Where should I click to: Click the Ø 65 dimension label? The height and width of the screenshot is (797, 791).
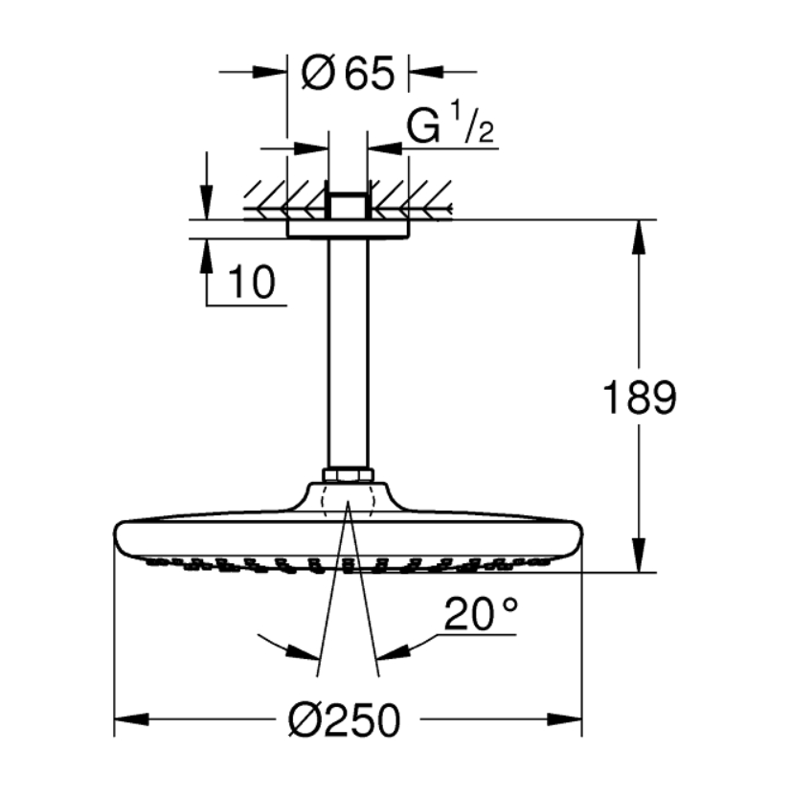pyautogui.click(x=348, y=73)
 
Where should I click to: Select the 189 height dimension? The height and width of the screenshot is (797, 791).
pyautogui.click(x=640, y=397)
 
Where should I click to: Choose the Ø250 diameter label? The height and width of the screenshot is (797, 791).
pyautogui.click(x=345, y=719)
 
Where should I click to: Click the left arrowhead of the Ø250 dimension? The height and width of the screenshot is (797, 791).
pyautogui.click(x=131, y=719)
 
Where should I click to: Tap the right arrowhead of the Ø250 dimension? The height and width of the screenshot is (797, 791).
pyautogui.click(x=564, y=719)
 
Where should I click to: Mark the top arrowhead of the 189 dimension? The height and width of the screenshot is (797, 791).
pyautogui.click(x=639, y=237)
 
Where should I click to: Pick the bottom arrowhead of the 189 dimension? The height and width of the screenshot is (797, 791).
pyautogui.click(x=639, y=555)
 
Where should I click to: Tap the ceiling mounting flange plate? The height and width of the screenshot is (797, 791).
pyautogui.click(x=348, y=229)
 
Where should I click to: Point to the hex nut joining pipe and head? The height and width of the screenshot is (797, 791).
pyautogui.click(x=348, y=475)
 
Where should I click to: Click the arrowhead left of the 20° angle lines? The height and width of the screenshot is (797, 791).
pyautogui.click(x=304, y=652)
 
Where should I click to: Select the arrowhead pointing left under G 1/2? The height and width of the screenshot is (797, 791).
pyautogui.click(x=385, y=148)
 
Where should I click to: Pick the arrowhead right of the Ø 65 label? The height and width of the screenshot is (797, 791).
pyautogui.click(x=426, y=72)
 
